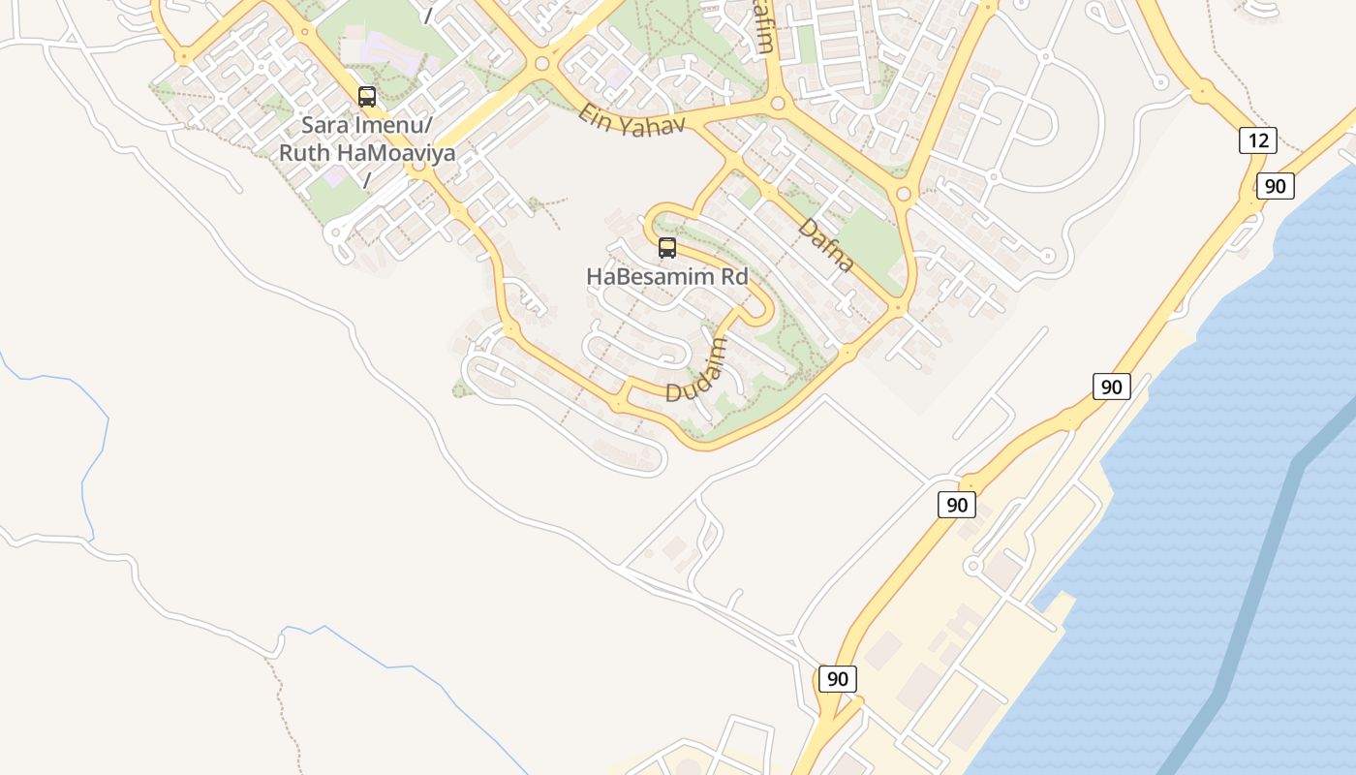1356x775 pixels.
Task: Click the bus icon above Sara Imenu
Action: (x=367, y=96)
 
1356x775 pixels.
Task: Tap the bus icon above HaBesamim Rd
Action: (x=667, y=248)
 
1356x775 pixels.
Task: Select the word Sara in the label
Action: (x=324, y=125)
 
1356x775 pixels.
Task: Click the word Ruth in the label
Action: (x=304, y=153)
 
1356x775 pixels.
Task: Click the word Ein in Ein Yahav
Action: (x=597, y=113)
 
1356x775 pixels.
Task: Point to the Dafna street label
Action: (x=826, y=245)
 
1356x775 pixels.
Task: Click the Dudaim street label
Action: (x=696, y=370)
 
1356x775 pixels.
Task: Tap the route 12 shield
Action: (x=1257, y=140)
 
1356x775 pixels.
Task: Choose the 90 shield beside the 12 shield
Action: (x=1276, y=186)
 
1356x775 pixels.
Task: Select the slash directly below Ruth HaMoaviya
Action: (x=367, y=180)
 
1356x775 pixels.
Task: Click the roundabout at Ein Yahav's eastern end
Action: (x=777, y=103)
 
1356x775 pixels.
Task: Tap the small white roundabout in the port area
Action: (x=972, y=565)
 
